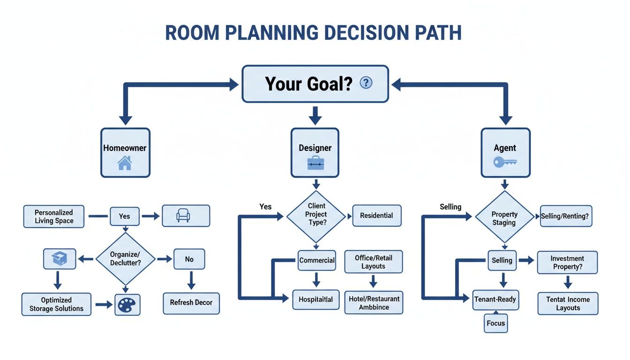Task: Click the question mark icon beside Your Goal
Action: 366,83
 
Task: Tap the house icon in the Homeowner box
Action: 125,163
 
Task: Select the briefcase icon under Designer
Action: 315,163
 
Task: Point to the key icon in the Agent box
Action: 505,162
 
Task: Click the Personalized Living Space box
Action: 54,216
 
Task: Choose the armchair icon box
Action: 186,216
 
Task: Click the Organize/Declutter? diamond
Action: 125,259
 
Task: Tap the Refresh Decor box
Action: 191,303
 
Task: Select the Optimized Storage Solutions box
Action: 56,304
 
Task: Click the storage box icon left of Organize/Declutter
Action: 59,259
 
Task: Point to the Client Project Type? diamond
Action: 316,214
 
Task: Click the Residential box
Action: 376,216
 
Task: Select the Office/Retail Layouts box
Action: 373,262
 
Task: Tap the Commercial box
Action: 317,260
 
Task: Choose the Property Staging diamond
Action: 504,218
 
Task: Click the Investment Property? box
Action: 567,262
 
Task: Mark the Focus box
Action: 496,323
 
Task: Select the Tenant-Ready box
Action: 495,299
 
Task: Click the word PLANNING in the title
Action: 268,33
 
